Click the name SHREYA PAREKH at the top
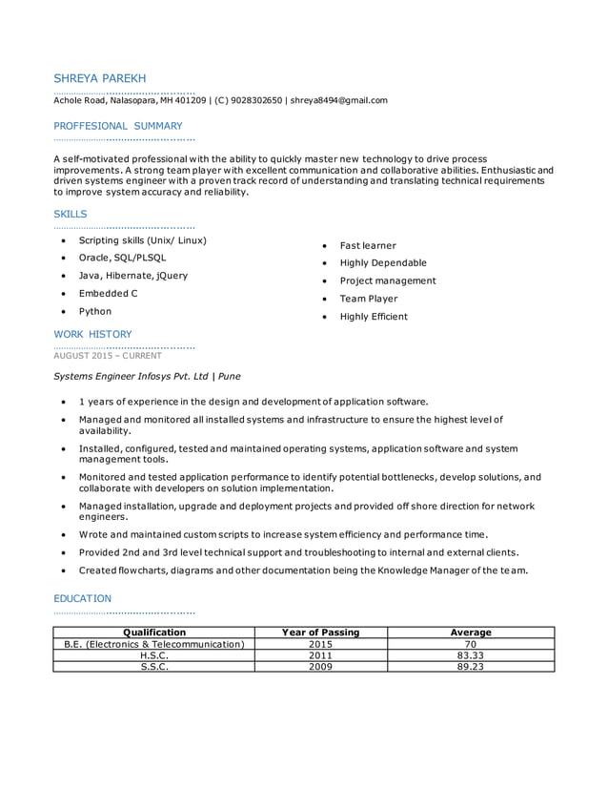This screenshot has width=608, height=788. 99,77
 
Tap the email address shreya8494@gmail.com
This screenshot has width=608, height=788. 338,100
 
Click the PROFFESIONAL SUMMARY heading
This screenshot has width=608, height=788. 117,125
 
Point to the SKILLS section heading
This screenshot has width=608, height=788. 70,214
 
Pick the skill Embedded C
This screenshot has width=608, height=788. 108,293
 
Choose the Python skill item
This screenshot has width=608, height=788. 94,311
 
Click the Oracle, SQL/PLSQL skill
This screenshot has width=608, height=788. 122,258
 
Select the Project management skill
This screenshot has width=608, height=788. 387,280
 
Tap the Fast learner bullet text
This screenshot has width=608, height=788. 367,245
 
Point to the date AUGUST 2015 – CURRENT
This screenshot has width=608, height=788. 108,355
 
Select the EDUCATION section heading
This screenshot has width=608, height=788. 82,598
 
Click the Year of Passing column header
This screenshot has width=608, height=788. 320,632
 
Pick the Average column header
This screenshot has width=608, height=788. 470,632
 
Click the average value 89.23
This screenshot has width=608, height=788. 470,667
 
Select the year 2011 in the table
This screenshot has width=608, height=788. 320,655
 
